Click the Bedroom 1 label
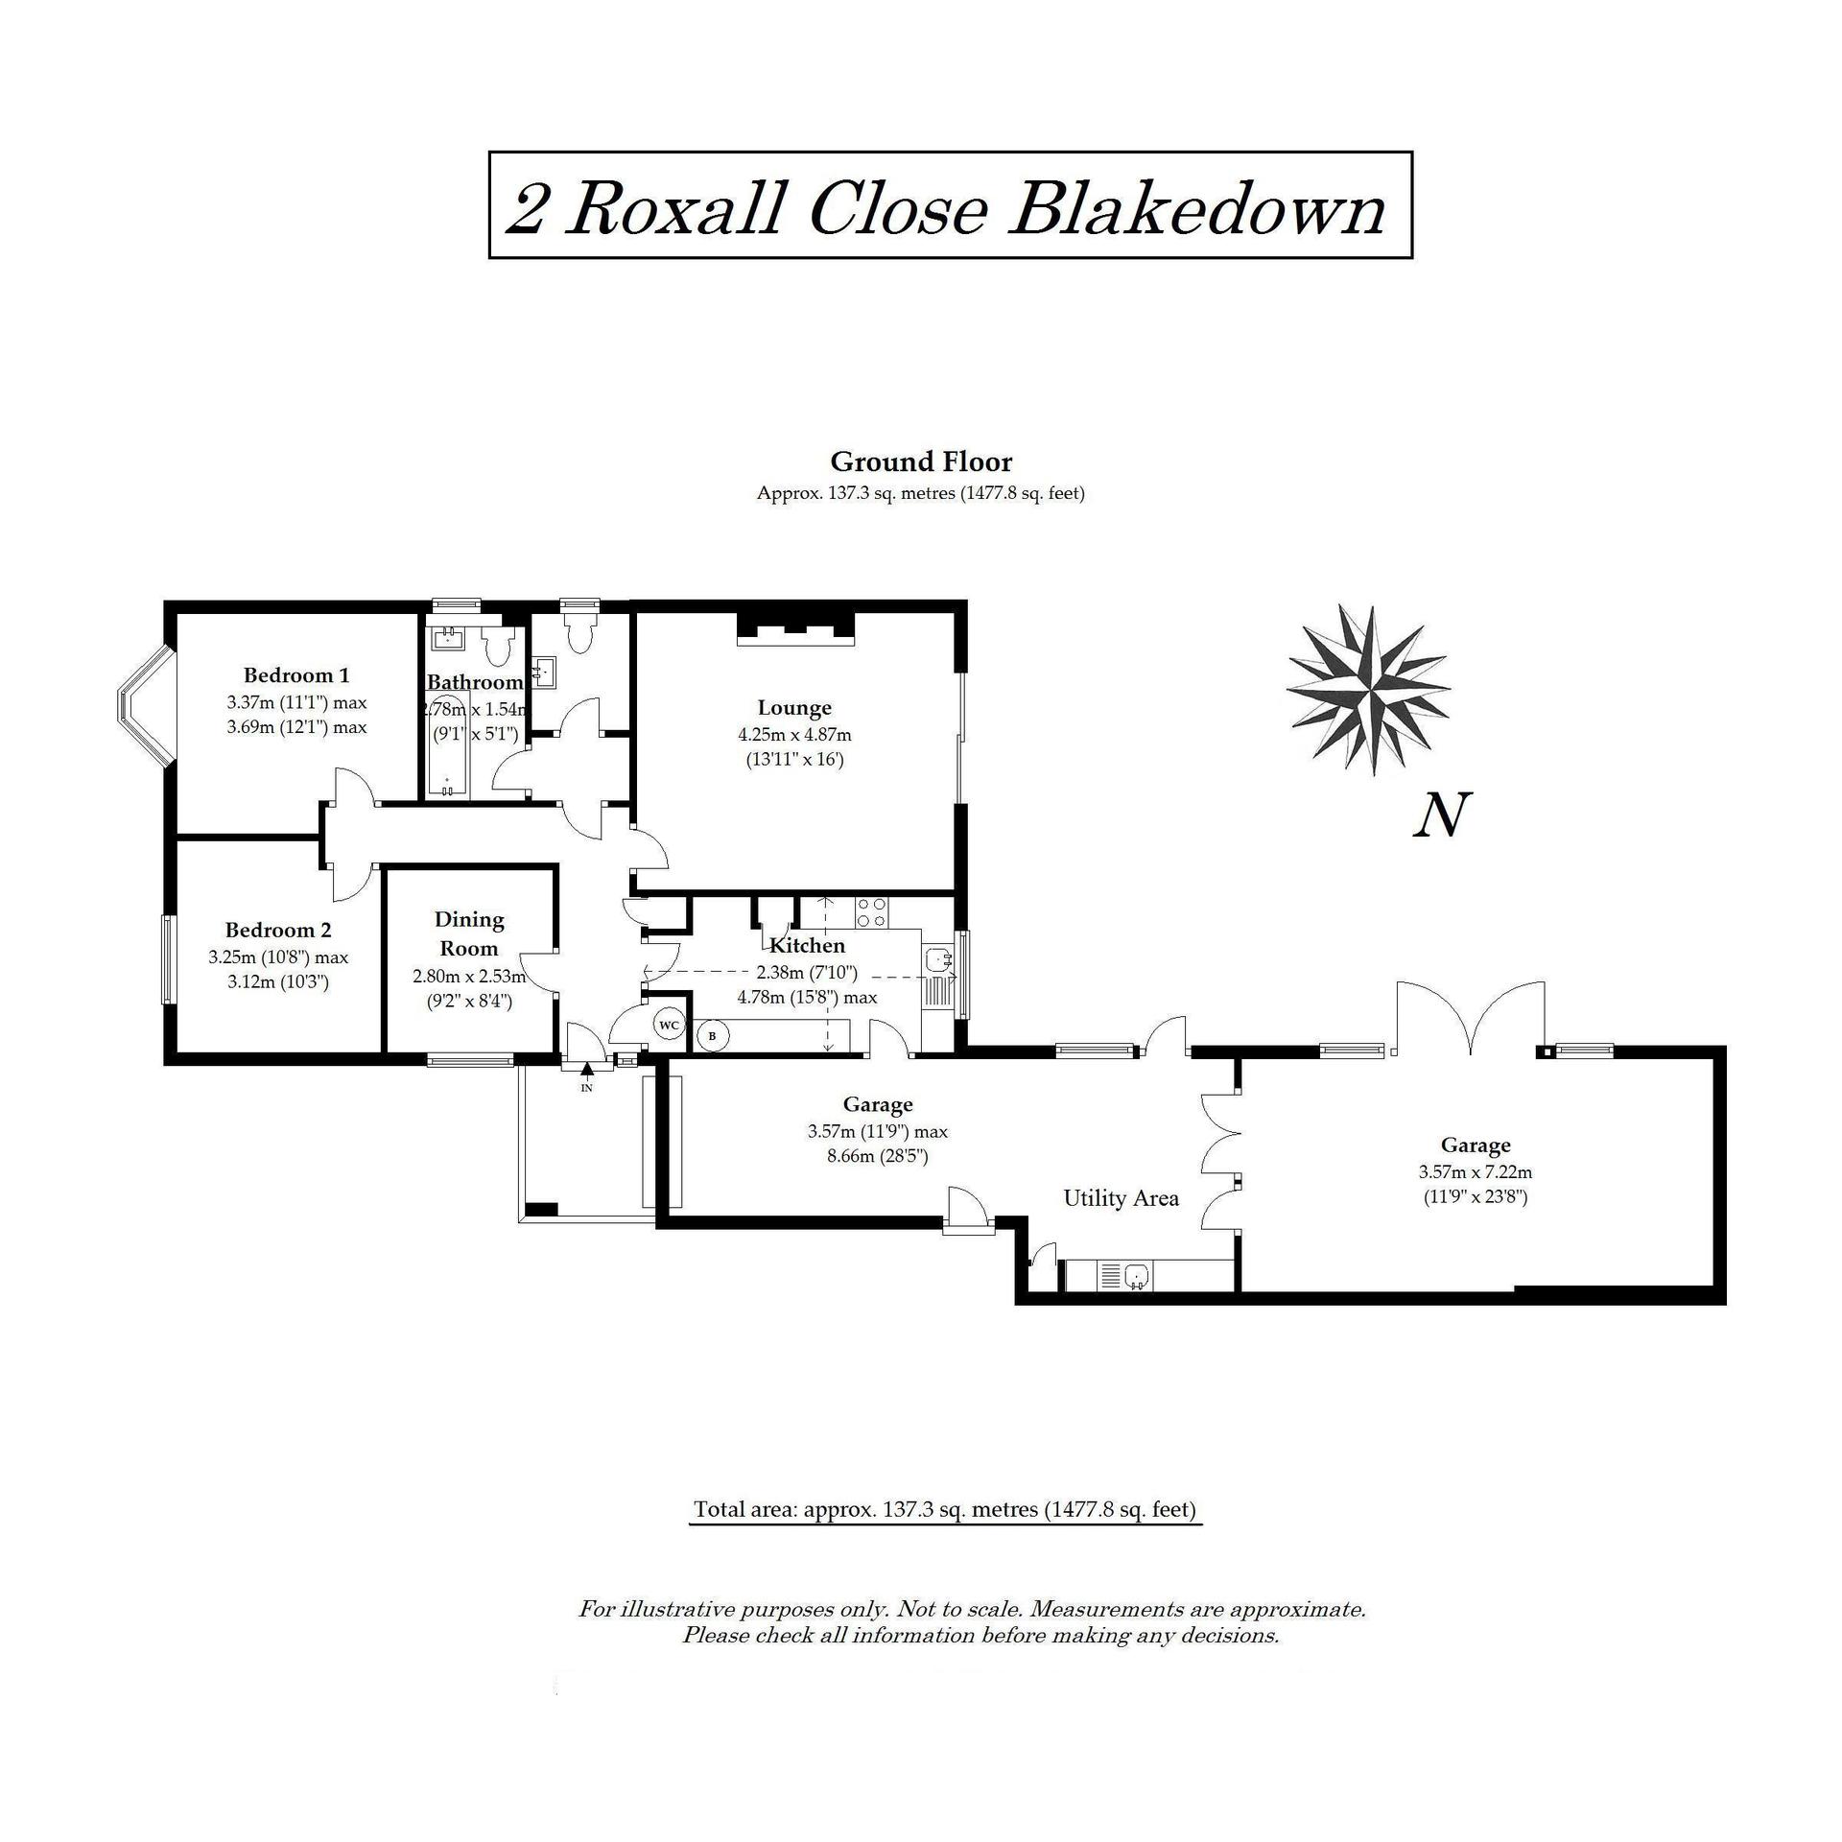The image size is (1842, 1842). (x=295, y=674)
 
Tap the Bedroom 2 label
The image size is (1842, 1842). (x=278, y=930)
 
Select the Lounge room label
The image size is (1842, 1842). (x=794, y=708)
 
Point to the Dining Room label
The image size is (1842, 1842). (x=469, y=933)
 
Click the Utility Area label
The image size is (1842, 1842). (x=1121, y=1198)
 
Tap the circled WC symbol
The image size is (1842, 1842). (x=670, y=1026)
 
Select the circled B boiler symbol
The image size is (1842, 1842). (x=712, y=1036)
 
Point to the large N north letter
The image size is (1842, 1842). (x=1442, y=815)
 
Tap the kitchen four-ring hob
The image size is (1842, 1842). (x=871, y=911)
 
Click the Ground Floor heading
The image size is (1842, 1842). (x=921, y=462)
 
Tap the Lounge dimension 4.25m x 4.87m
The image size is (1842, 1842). (x=794, y=735)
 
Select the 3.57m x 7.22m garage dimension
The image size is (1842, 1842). (x=1475, y=1171)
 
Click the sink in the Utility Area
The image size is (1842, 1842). (x=1138, y=1276)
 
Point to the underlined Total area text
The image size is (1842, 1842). (x=945, y=1509)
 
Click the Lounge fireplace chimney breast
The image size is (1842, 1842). (x=795, y=627)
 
